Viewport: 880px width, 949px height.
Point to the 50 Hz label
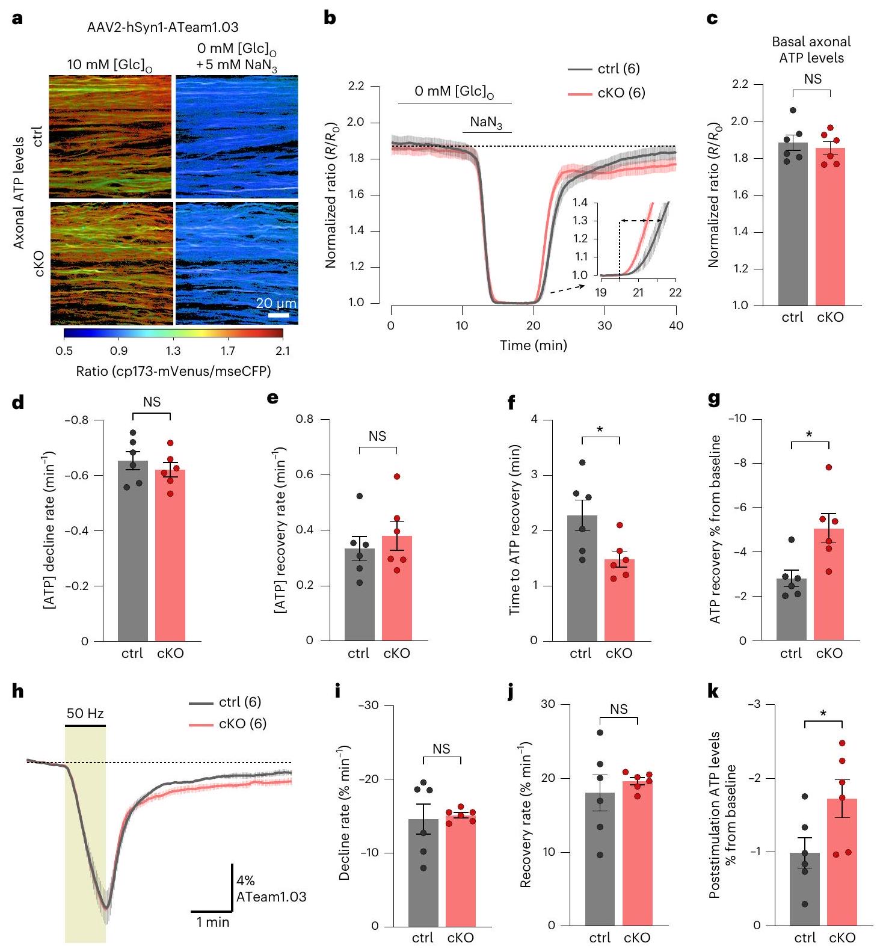(x=85, y=714)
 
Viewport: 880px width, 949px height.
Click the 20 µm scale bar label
(x=276, y=303)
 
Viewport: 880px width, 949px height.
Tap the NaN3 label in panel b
(x=487, y=123)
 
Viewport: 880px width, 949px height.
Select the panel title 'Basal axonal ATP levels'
(x=811, y=50)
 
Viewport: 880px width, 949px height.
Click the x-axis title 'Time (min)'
(x=534, y=345)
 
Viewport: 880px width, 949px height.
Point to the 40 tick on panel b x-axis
(x=676, y=325)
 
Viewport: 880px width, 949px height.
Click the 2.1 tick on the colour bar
(x=282, y=351)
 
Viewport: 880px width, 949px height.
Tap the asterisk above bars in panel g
(x=809, y=434)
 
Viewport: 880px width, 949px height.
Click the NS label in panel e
(x=377, y=436)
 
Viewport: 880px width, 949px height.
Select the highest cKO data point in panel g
(x=829, y=467)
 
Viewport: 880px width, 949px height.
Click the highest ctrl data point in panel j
(x=600, y=732)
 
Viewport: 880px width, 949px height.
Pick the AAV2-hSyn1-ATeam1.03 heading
(x=163, y=27)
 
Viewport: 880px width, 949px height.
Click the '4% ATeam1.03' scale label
(x=271, y=889)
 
